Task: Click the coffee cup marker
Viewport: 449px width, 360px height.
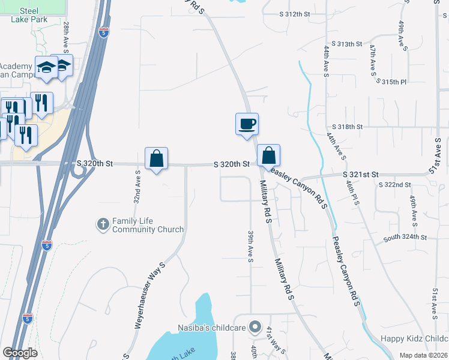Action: [x=247, y=124]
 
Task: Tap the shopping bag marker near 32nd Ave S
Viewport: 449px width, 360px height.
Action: [x=156, y=159]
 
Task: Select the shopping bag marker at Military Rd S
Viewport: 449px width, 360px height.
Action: [x=269, y=155]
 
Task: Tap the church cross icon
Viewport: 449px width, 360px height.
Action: [x=103, y=225]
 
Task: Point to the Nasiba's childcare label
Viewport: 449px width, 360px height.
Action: [x=212, y=328]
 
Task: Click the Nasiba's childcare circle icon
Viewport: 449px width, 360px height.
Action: [x=255, y=328]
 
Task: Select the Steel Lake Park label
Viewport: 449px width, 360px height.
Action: [x=28, y=15]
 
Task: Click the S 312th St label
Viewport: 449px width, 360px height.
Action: [x=298, y=14]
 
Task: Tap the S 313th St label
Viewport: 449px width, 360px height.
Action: [x=351, y=44]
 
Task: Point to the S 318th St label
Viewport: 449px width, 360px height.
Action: [x=348, y=127]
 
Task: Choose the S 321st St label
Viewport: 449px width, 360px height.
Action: [x=361, y=174]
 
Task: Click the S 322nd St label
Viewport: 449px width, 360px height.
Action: [x=394, y=184]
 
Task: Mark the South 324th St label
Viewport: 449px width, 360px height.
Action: [x=405, y=238]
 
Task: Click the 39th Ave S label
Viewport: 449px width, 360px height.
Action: [x=250, y=246]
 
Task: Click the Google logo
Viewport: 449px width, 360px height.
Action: [x=20, y=353]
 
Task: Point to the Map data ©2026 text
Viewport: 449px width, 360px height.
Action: [x=423, y=355]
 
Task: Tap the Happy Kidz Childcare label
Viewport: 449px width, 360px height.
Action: [x=414, y=339]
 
